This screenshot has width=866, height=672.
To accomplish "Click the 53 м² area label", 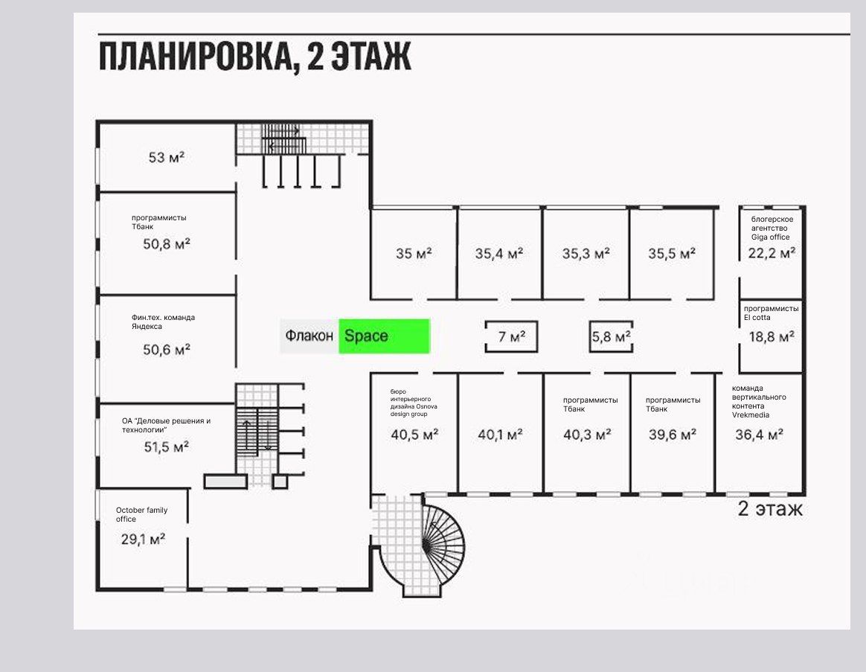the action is tap(167, 158).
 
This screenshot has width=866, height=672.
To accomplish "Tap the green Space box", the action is tap(384, 336).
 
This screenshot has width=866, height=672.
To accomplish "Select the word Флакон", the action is tap(309, 336).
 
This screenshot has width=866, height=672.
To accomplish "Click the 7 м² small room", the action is tap(511, 337).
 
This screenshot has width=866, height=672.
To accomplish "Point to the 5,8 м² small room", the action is tap(611, 337).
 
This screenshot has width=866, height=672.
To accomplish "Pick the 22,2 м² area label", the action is tap(772, 253).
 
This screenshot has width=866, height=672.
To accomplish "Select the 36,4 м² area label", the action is tap(759, 435).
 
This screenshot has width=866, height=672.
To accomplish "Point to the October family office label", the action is tap(141, 514).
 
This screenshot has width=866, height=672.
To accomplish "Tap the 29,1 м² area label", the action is tap(143, 540).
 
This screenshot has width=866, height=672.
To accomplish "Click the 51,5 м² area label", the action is tap(166, 447).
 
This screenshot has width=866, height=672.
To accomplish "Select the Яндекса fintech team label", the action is tap(163, 321).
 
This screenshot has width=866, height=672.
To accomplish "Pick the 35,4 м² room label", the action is tap(498, 253).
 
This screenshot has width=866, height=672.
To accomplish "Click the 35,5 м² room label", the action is tap(672, 253).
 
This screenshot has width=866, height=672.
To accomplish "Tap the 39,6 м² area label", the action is tap(673, 435).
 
